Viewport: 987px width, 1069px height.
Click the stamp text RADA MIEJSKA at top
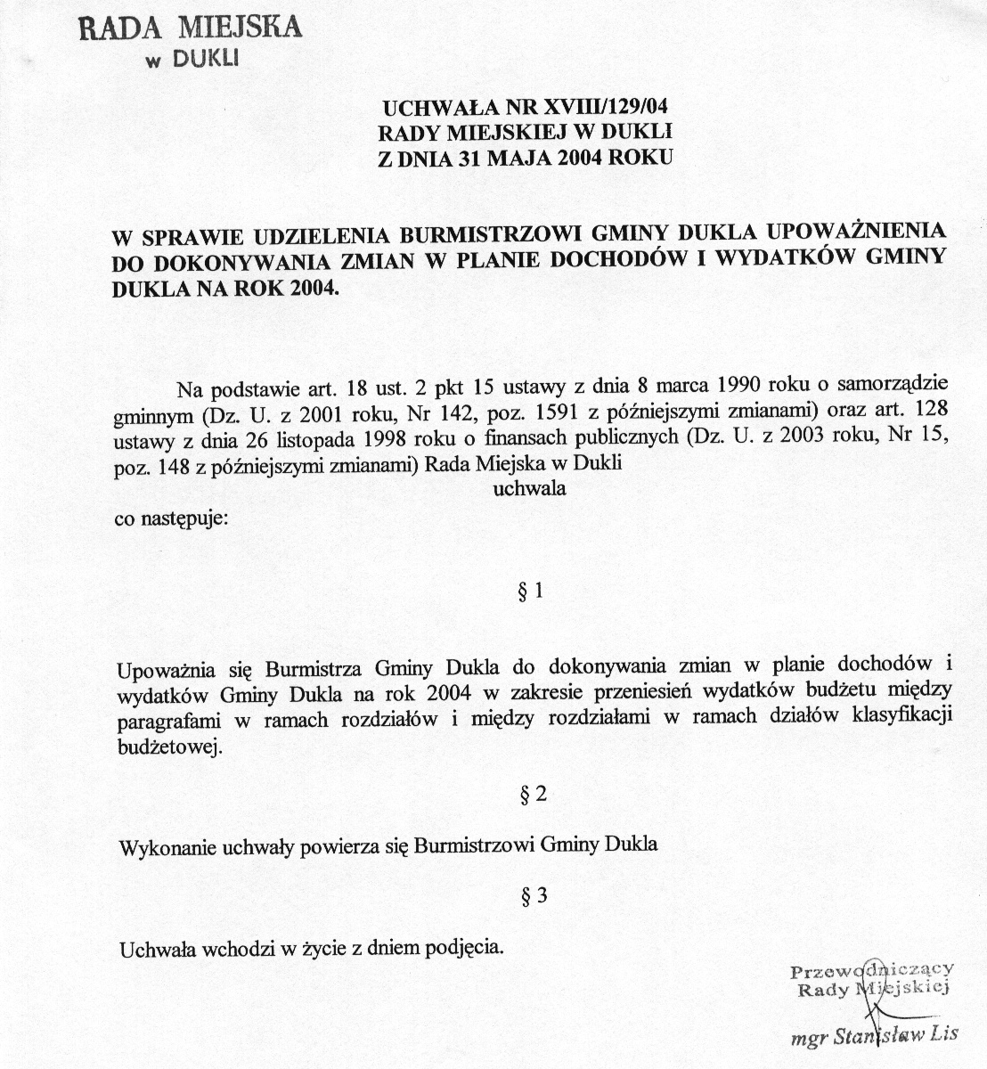(191, 27)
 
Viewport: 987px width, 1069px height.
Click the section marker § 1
(530, 592)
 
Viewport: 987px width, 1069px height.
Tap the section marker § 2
(532, 796)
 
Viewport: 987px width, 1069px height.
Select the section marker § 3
(532, 897)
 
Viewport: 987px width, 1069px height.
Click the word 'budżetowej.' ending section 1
(167, 747)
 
